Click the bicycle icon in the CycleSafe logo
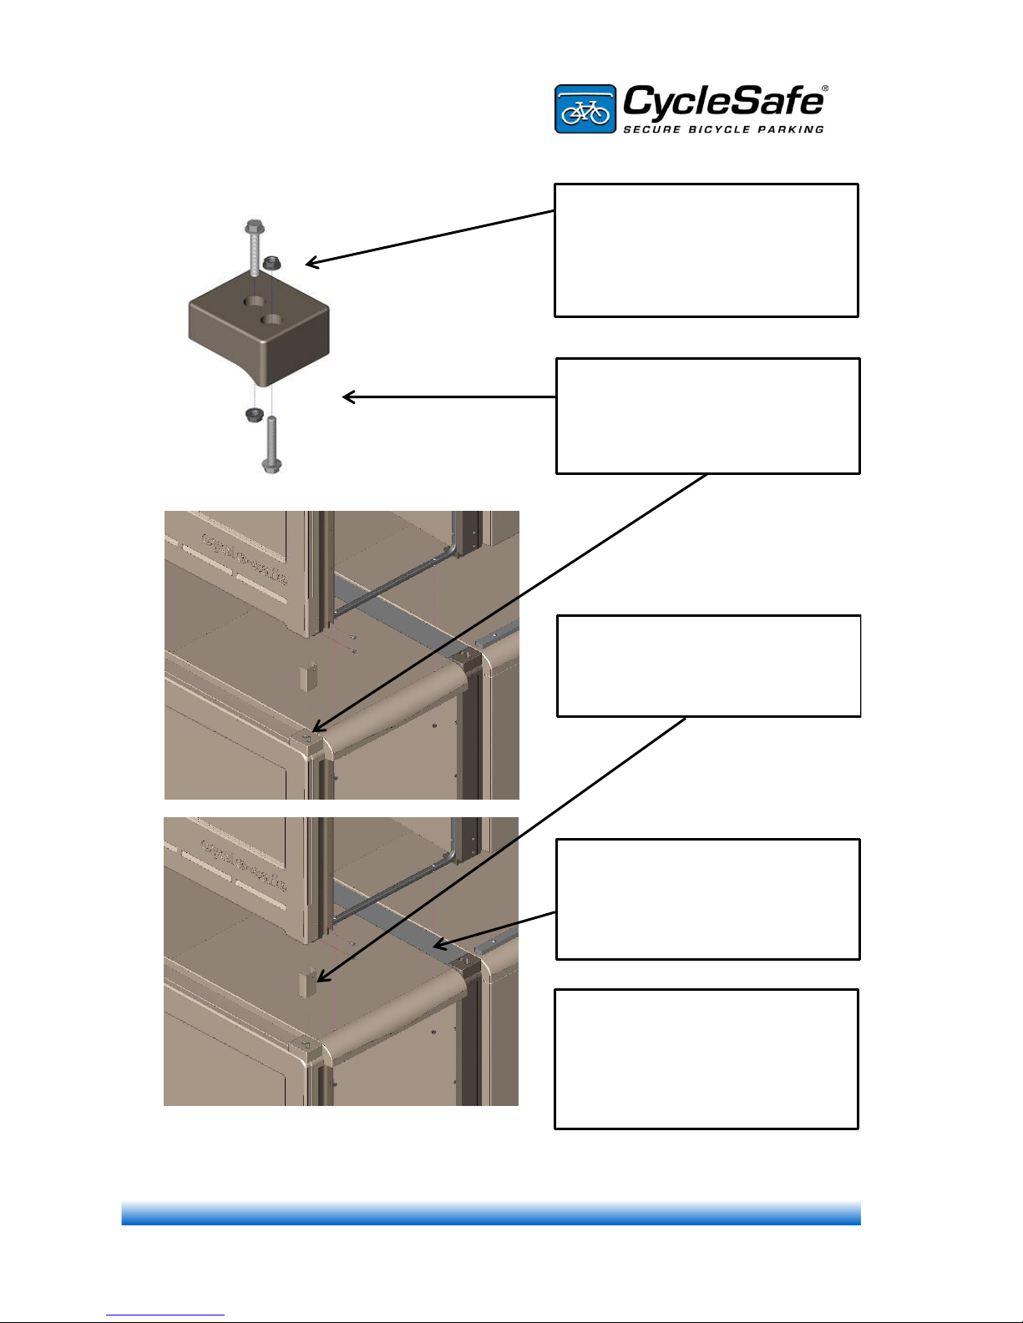(x=585, y=110)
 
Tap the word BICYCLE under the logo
(x=722, y=129)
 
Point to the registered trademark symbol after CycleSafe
(x=825, y=88)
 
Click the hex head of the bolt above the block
(x=253, y=226)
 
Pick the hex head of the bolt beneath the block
(x=271, y=464)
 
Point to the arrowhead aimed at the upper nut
(x=308, y=265)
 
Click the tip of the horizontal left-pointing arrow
(x=345, y=397)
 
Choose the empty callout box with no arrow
(x=706, y=1058)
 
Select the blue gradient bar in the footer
(x=491, y=1213)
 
